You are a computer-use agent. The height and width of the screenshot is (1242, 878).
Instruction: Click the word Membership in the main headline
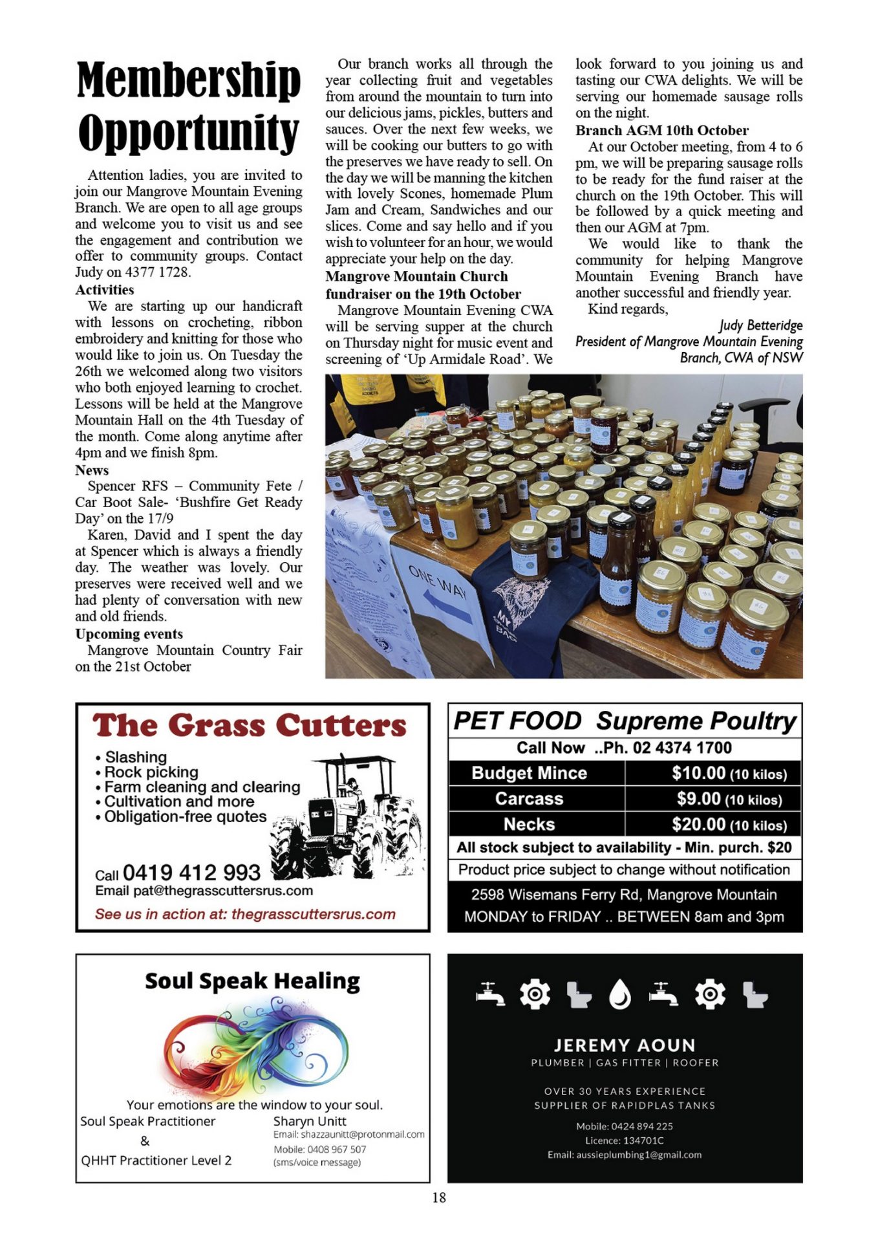[188, 80]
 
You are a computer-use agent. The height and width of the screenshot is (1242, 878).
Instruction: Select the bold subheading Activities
[105, 290]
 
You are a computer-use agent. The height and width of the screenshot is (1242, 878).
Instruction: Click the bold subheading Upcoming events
[129, 634]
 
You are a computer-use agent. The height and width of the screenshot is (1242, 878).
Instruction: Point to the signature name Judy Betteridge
[760, 325]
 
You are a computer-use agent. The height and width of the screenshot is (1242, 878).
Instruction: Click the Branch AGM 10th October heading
[661, 130]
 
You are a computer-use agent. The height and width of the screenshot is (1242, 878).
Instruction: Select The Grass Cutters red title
[250, 726]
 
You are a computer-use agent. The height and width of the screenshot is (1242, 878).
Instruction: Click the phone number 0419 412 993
[191, 873]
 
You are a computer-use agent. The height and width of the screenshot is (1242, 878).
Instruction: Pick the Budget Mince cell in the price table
[529, 773]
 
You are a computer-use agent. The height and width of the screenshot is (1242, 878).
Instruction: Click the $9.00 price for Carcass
[698, 799]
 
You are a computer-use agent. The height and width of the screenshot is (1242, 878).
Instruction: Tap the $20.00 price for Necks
[698, 825]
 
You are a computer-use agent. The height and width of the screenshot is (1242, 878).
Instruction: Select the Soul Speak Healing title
[252, 981]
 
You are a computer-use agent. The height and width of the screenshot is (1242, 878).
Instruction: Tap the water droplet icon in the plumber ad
[620, 995]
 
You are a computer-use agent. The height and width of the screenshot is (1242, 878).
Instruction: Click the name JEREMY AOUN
[625, 1045]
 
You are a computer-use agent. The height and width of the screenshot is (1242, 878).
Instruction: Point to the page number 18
[439, 1197]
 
